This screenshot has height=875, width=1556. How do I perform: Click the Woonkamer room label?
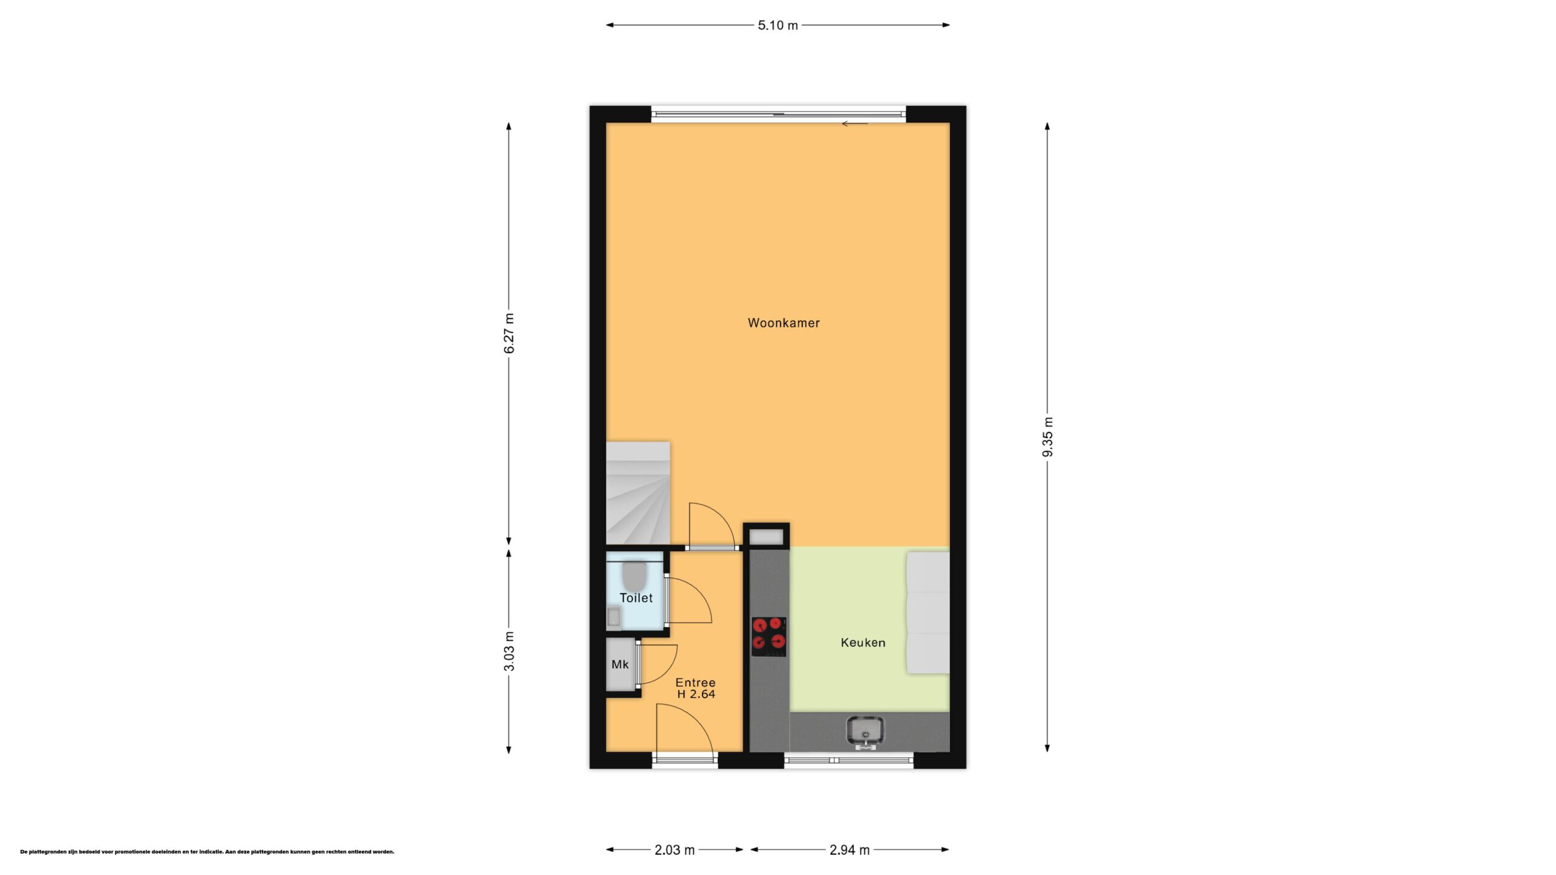point(783,323)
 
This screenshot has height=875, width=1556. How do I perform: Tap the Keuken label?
point(863,642)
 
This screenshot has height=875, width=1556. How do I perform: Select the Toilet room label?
point(636,598)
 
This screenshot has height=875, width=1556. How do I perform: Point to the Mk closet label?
point(620,664)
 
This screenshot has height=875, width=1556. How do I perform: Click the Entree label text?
point(695,682)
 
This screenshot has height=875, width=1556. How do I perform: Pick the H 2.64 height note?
point(696,694)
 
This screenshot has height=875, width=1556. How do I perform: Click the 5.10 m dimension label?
point(777,25)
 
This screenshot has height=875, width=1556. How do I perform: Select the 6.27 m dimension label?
point(509,333)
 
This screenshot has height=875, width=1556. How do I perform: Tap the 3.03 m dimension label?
point(509,651)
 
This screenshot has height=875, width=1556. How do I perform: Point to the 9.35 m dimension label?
point(1047,437)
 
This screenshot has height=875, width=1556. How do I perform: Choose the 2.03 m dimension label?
point(674,849)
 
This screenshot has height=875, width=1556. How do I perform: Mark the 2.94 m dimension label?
point(849,849)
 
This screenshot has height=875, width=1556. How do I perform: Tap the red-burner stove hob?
point(769,636)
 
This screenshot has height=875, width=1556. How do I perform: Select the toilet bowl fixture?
point(635,576)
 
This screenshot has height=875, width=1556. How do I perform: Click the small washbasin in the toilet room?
point(613,617)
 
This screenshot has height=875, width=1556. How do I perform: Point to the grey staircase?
point(638,493)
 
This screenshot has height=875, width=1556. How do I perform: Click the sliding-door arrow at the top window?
point(855,123)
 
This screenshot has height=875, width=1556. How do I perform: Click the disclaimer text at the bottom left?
point(207,852)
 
